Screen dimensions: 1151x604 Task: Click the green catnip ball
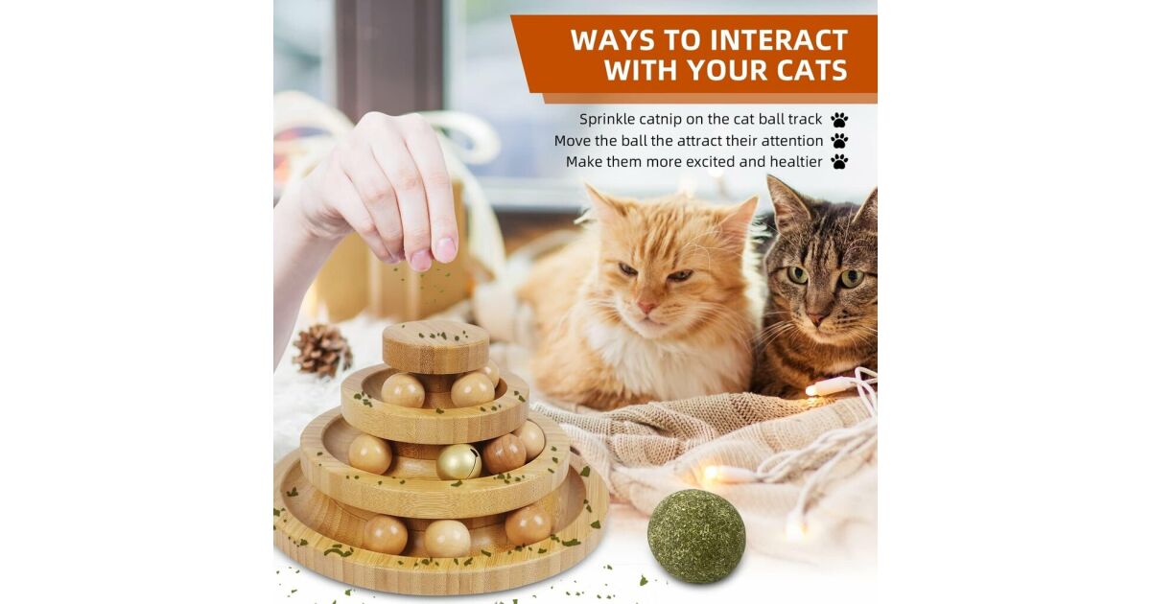pyautogui.click(x=696, y=536)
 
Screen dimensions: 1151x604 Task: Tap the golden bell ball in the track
pyautogui.click(x=458, y=461)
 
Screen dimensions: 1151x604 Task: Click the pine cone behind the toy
pyautogui.click(x=322, y=350)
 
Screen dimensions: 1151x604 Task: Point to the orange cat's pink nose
pyautogui.click(x=646, y=307)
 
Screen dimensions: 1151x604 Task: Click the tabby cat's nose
pyautogui.click(x=816, y=318)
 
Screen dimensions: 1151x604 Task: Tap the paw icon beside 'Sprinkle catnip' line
pyautogui.click(x=839, y=120)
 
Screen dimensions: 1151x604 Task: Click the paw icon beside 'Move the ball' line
pyautogui.click(x=839, y=141)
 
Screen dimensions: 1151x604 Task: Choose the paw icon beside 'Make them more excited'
pyautogui.click(x=839, y=162)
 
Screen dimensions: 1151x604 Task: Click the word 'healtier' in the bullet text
pyautogui.click(x=796, y=162)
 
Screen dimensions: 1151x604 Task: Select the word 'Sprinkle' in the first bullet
pyautogui.click(x=607, y=120)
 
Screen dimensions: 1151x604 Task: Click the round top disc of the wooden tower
pyautogui.click(x=435, y=346)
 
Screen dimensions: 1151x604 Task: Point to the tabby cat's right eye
pyautogui.click(x=797, y=275)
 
